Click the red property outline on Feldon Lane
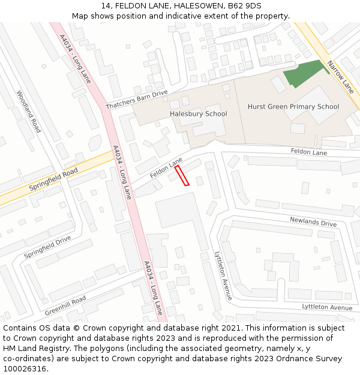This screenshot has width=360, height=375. coord(182,176)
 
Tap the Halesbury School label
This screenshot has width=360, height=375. coord(198,114)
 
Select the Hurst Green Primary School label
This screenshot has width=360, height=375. coord(293,107)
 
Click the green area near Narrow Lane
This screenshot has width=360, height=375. coord(305,74)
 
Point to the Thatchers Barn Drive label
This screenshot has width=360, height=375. coord(137,100)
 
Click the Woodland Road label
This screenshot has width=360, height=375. coord(29,112)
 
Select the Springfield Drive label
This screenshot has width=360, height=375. coord(47,247)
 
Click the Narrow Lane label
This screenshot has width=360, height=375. coord(341,77)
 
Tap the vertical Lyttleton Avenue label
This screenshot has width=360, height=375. coord(223,275)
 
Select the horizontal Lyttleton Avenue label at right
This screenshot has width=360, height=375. coord(327,307)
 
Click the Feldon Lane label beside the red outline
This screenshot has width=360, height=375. coord(166,168)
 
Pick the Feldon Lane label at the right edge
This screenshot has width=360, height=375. coord(308,152)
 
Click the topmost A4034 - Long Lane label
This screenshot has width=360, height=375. coord(74,58)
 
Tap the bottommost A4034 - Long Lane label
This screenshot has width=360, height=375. coord(153,288)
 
